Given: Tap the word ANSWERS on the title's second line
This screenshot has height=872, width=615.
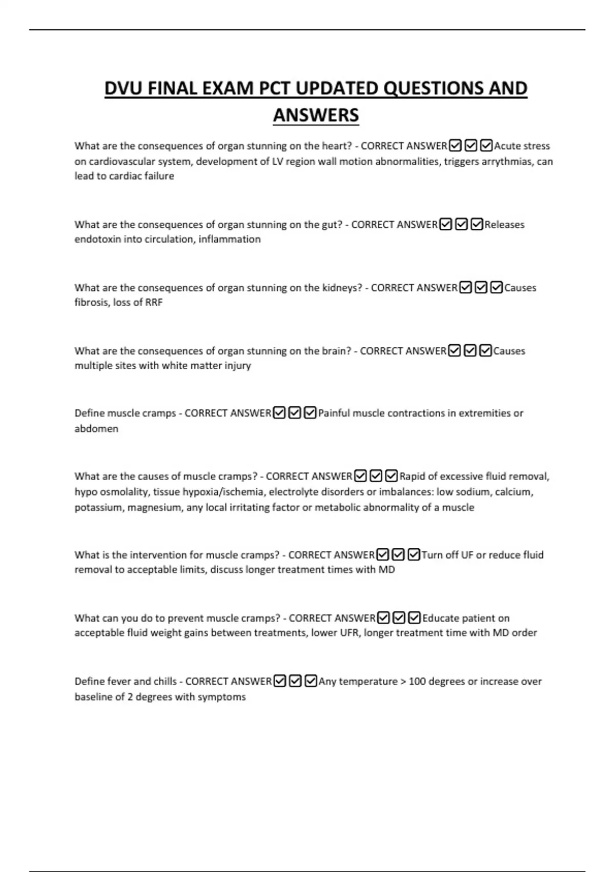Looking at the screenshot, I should (x=316, y=115).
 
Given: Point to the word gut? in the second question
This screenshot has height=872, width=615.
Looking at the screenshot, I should (x=332, y=224).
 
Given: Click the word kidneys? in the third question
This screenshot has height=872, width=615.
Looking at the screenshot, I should (x=342, y=288).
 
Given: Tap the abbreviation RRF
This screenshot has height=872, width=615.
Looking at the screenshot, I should (x=154, y=303).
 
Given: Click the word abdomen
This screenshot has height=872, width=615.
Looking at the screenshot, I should (x=96, y=429).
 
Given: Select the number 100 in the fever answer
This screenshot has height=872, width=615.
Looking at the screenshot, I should (x=418, y=681).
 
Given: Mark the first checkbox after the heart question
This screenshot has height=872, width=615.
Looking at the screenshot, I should (x=455, y=146).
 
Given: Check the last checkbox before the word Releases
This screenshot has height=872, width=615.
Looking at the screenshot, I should (x=477, y=225).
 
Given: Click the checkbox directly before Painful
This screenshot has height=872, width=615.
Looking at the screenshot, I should (x=310, y=413).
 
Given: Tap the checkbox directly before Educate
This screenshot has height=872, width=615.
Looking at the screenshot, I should (x=415, y=618).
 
